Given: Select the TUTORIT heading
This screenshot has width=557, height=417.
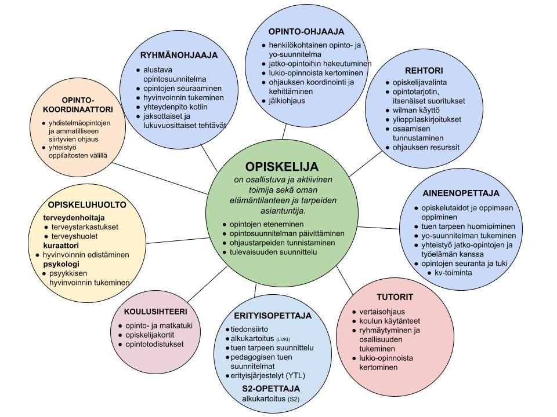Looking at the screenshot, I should pyautogui.click(x=394, y=297).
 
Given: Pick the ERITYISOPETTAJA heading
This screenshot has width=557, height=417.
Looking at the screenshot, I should pyautogui.click(x=273, y=316).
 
